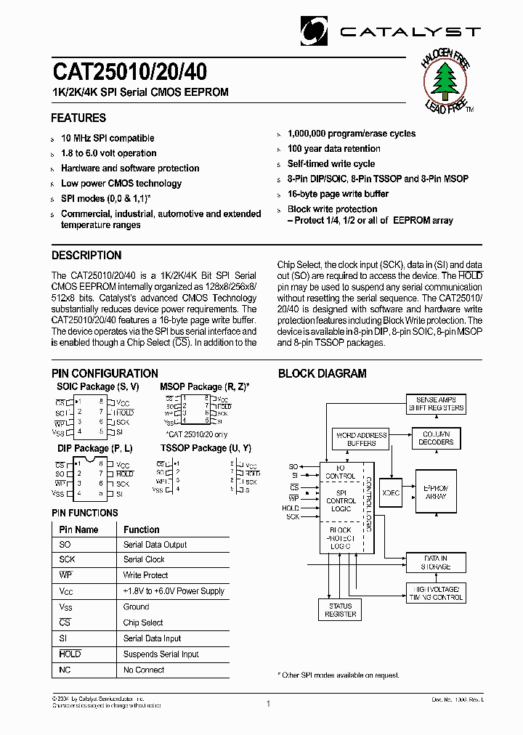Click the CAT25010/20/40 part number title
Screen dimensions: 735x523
129,71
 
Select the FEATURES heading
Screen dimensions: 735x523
78,118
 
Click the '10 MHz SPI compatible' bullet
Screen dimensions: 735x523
108,138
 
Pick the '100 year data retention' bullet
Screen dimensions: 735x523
333,149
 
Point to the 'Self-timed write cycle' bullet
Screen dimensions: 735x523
331,164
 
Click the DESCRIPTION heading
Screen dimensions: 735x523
86,256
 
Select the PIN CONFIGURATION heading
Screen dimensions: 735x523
105,373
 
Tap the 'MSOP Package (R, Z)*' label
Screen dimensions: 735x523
204,387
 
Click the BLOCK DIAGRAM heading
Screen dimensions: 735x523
323,373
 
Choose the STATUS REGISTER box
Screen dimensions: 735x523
340,610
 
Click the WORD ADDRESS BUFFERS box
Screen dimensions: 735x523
361,439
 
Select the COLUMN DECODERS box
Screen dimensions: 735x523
436,438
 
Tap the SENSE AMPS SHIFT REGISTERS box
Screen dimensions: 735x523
436,404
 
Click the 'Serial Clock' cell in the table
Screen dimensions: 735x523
144,560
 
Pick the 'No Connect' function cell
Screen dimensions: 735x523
144,670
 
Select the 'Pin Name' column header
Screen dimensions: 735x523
78,529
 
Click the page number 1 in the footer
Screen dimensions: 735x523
268,704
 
